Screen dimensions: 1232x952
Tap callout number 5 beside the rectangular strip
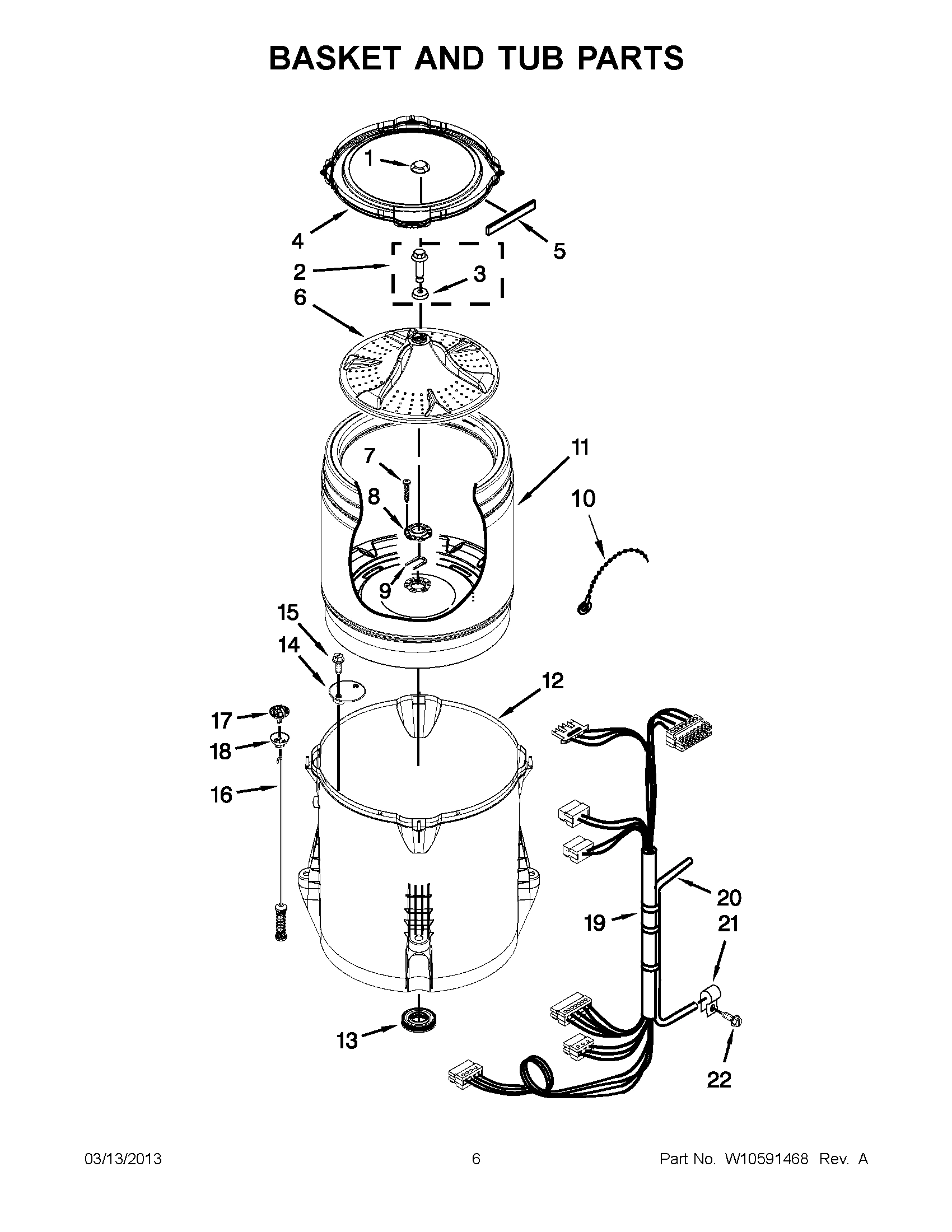click(x=558, y=251)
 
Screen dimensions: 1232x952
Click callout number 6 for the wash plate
click(x=300, y=297)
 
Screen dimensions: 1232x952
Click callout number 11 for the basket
click(x=580, y=447)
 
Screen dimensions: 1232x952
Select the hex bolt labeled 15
click(x=339, y=661)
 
